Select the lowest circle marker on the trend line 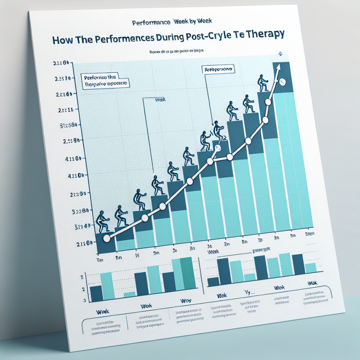click(106, 238)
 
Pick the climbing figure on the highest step click(263, 83)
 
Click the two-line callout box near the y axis click(104, 80)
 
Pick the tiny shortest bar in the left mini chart click(129, 295)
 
